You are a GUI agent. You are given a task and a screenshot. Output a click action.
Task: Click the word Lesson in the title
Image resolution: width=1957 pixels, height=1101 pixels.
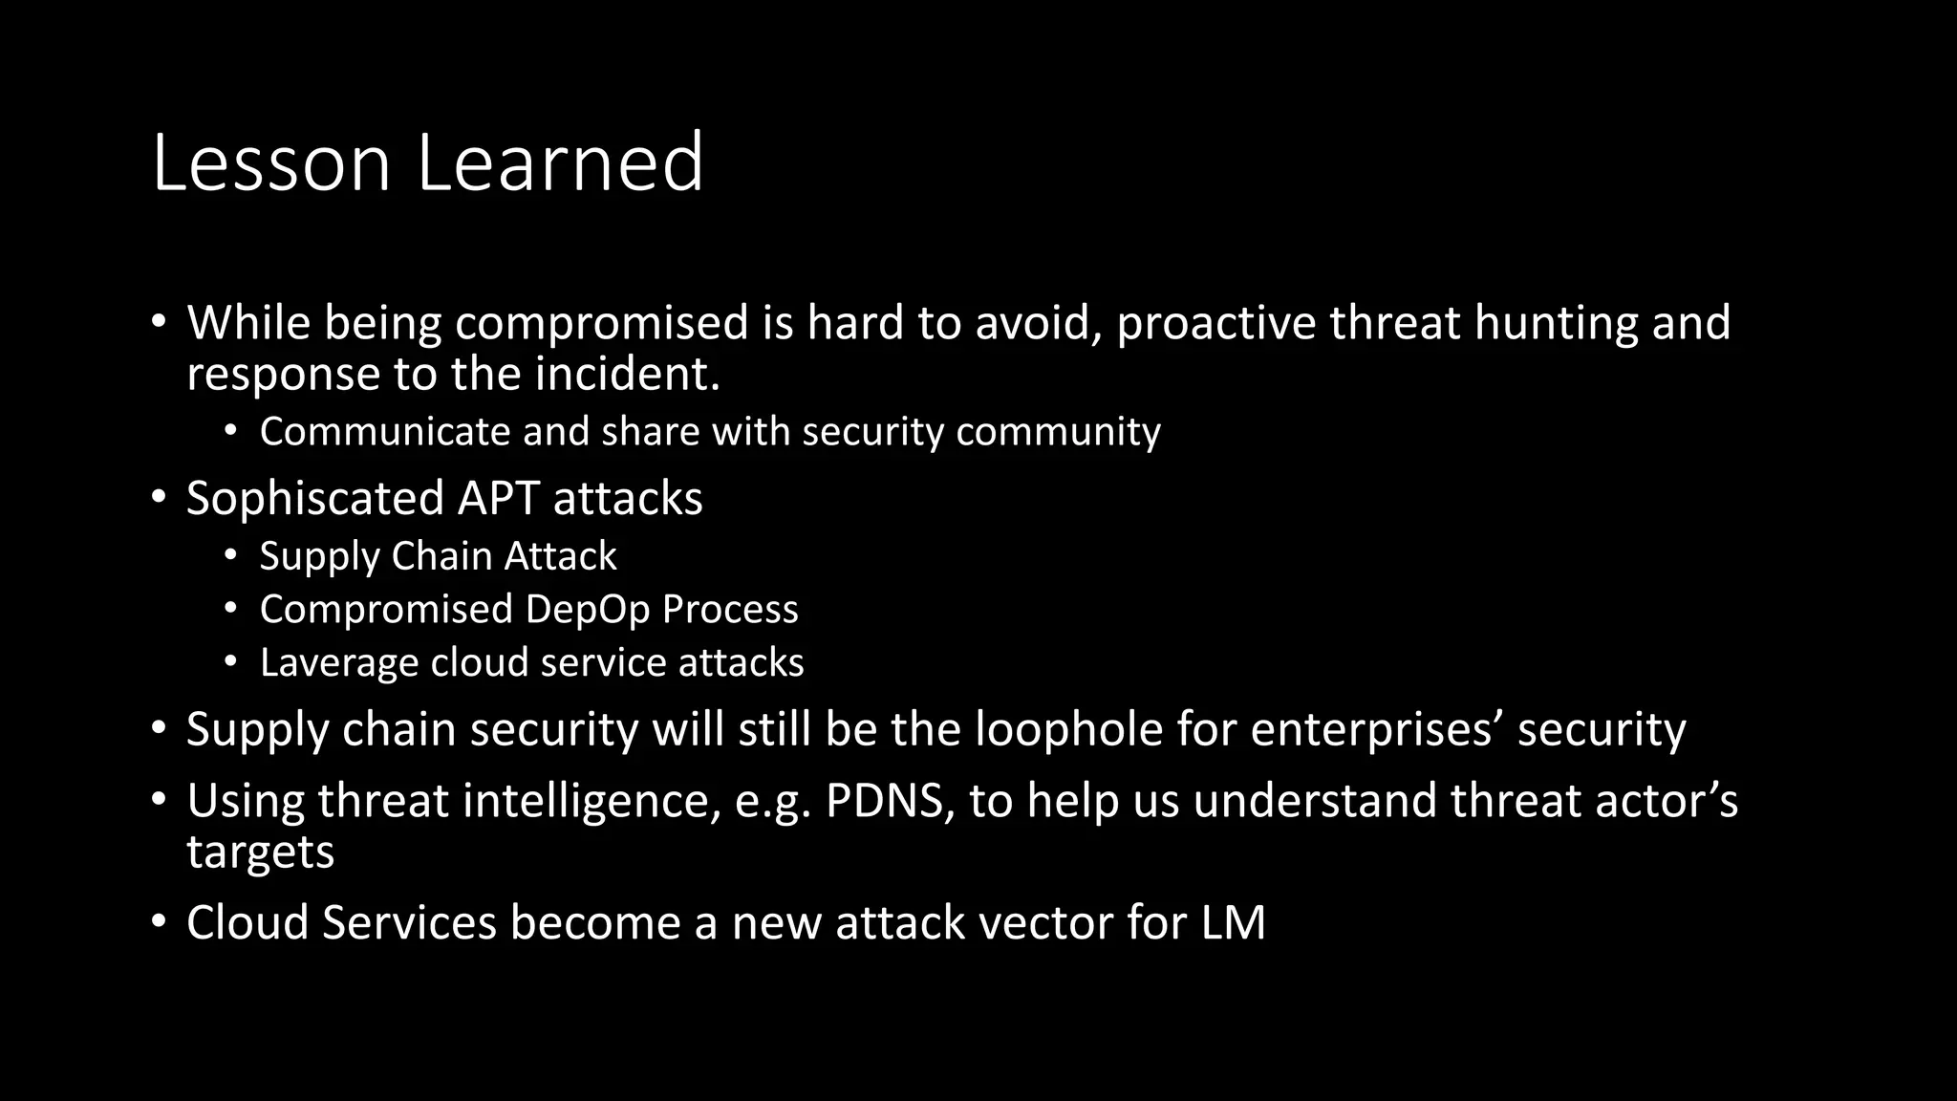click(x=271, y=162)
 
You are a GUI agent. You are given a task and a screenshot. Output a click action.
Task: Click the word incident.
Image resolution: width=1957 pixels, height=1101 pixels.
click(x=627, y=374)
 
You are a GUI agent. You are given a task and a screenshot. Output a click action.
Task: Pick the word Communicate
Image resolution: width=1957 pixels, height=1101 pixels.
click(x=385, y=432)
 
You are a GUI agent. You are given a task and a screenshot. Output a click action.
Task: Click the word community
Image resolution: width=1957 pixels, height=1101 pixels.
click(x=1058, y=432)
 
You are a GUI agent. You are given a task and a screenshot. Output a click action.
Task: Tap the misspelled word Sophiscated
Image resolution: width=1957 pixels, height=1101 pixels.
click(x=315, y=499)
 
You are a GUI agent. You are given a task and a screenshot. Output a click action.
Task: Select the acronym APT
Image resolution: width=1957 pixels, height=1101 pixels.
click(x=498, y=499)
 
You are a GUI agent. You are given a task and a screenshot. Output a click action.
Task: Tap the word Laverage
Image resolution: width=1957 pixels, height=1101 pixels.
click(x=339, y=663)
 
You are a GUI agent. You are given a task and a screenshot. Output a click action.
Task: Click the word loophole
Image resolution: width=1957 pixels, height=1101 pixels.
click(x=1069, y=730)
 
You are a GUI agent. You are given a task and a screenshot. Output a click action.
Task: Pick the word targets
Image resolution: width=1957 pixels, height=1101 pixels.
click(x=260, y=852)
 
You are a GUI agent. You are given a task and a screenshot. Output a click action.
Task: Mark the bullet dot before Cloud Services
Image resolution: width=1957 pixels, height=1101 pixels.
click(x=160, y=923)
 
